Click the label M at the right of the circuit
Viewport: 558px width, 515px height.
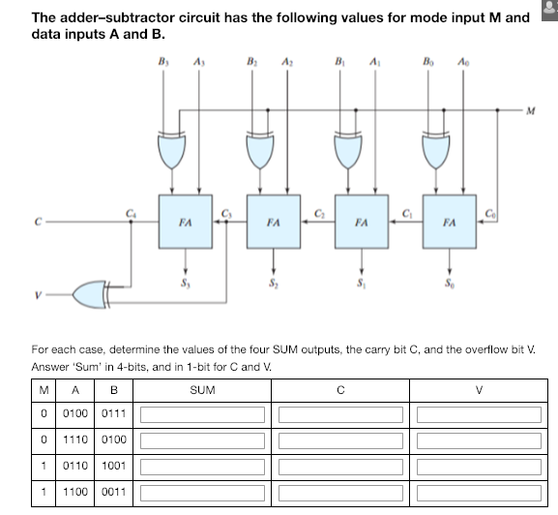(531, 109)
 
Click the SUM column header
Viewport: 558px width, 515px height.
(203, 391)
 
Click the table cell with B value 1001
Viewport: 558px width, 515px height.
(116, 466)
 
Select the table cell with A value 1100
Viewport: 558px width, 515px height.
(76, 491)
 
